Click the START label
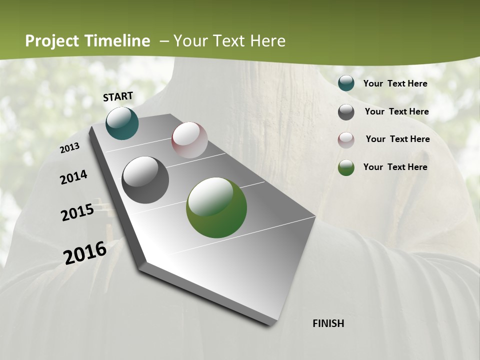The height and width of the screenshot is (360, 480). click(x=118, y=96)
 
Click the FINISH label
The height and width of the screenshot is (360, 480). click(x=328, y=323)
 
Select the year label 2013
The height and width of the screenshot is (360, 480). click(x=70, y=147)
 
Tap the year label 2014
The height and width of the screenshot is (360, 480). click(x=74, y=177)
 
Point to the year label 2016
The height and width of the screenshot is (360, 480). click(x=85, y=252)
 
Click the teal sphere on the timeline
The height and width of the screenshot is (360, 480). click(x=122, y=123)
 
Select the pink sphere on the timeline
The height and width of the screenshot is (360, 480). click(x=189, y=140)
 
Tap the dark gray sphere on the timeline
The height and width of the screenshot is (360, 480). click(x=145, y=180)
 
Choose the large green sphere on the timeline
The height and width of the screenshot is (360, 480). click(x=216, y=207)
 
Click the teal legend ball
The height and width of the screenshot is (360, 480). click(x=346, y=83)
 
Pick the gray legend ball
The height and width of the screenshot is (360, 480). click(x=346, y=112)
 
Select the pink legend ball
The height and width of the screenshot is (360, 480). click(x=346, y=139)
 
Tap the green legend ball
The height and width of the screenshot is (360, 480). click(x=346, y=167)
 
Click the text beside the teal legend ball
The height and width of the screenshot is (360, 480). click(x=395, y=83)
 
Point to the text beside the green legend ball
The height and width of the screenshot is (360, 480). click(x=395, y=167)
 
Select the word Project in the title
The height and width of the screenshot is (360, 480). click(x=52, y=41)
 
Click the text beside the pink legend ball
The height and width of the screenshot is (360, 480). click(x=397, y=139)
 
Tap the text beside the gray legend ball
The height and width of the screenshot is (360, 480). click(x=396, y=111)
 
